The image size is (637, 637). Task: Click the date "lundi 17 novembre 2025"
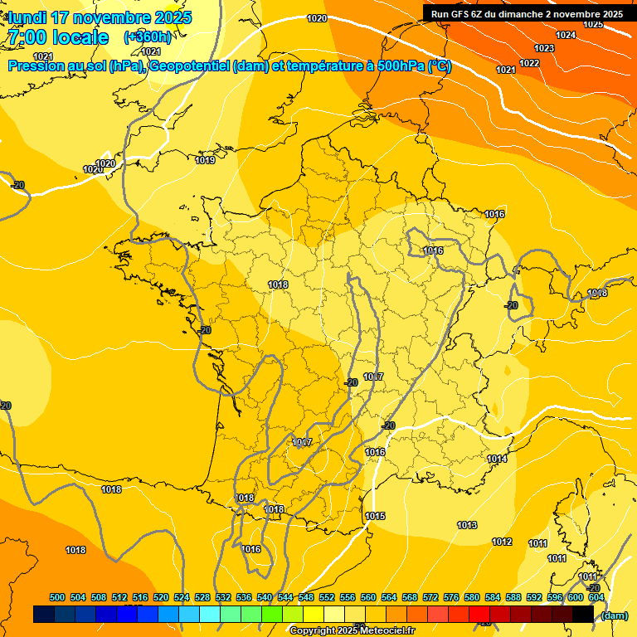[98, 17]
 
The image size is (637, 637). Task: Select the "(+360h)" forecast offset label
[148, 37]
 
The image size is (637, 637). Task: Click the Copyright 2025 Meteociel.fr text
[353, 630]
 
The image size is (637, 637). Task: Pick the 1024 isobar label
[566, 35]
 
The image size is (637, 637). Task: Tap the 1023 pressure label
[543, 49]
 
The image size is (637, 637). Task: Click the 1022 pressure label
[529, 64]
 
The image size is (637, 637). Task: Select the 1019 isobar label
[206, 161]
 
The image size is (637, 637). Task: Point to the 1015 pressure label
[375, 517]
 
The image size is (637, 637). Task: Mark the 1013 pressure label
[467, 526]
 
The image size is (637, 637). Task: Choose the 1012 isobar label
[502, 542]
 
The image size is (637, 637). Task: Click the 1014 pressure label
[497, 460]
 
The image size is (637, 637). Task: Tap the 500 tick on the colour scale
[57, 598]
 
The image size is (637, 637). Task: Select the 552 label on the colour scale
[327, 598]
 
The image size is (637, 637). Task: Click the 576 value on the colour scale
[451, 598]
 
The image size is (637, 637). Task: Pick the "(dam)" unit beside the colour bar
[614, 615]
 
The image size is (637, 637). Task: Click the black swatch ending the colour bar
[582, 615]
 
